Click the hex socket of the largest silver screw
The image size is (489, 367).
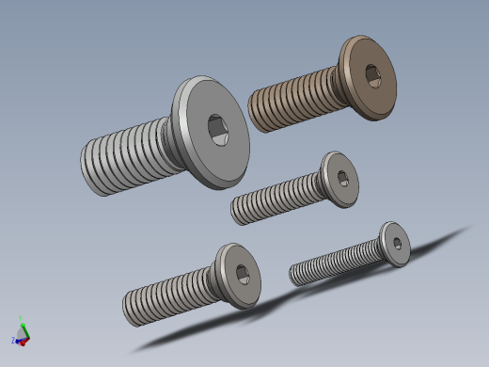(217, 131)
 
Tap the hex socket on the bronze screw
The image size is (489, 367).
(372, 75)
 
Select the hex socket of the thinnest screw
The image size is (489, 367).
(398, 244)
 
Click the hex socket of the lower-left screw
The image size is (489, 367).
(242, 274)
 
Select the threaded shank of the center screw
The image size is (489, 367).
(277, 198)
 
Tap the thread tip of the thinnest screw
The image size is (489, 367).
(293, 276)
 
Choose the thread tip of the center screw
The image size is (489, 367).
(235, 211)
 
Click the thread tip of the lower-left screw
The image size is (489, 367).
(127, 311)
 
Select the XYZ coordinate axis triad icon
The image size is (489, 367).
(21, 333)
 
